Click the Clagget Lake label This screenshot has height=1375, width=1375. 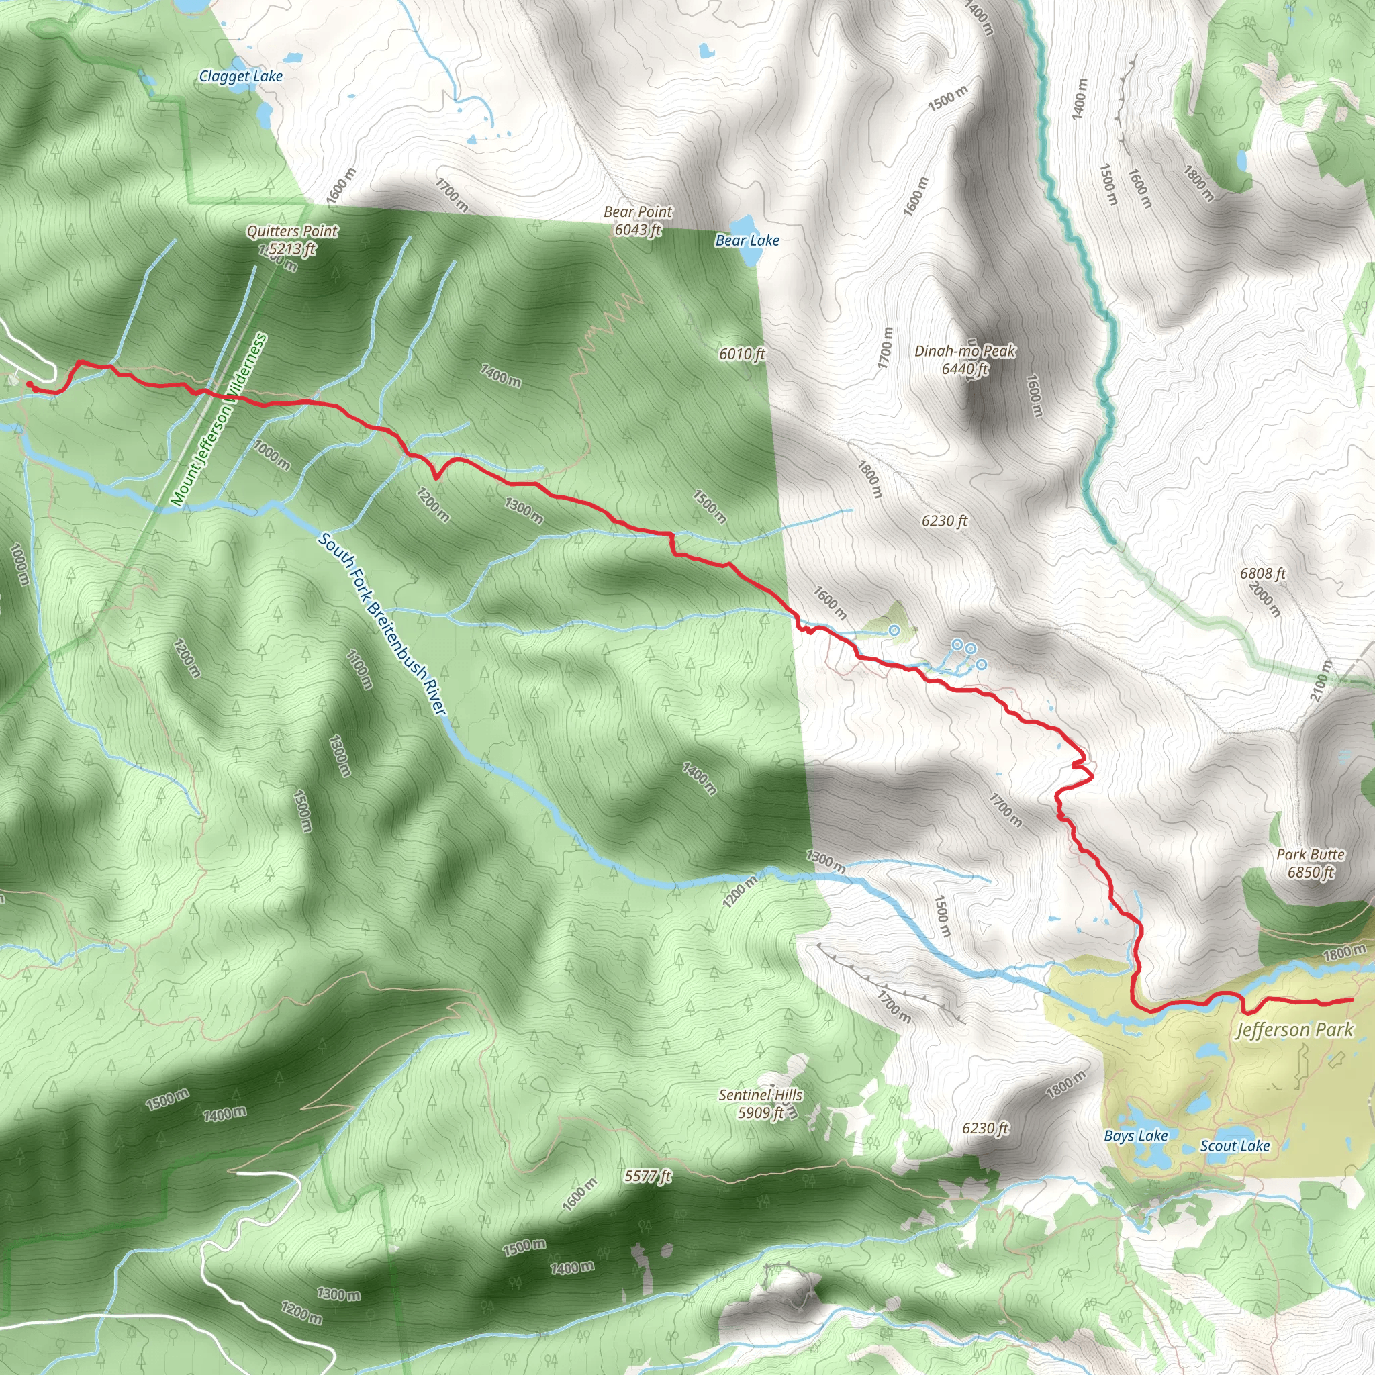coord(240,76)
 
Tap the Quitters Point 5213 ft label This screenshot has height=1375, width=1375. coord(292,240)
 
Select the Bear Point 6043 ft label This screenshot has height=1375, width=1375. coord(638,221)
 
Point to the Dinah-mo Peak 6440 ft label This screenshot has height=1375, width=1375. coord(965,359)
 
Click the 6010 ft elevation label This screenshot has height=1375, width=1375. coord(742,354)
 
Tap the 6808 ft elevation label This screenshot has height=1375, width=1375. coord(1263,573)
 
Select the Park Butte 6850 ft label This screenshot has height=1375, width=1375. coord(1311,863)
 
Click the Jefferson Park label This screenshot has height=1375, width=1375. coord(1294,1030)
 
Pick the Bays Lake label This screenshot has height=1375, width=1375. coord(1136,1136)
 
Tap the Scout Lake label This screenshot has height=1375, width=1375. coord(1235,1146)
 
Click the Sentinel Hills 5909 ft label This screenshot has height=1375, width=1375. coord(760,1104)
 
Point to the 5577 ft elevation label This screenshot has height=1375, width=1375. coord(648,1176)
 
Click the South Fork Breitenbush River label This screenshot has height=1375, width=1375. coord(382,624)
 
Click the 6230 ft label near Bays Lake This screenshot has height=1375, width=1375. coord(986,1128)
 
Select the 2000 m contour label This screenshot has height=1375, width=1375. coord(1265,600)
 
